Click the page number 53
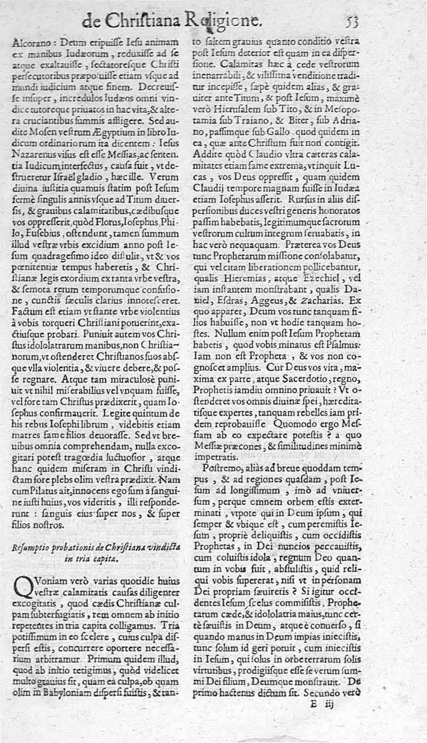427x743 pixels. pos(351,21)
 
